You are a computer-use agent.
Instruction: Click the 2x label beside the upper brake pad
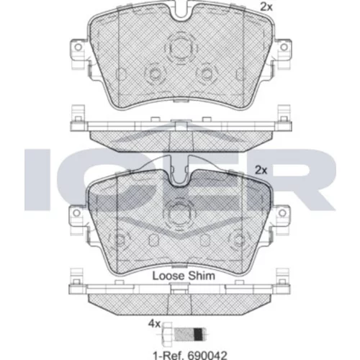(x=266, y=7)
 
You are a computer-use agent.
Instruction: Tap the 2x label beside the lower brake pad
(x=261, y=170)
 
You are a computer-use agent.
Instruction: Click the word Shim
(x=201, y=276)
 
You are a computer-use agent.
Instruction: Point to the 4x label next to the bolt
(x=154, y=324)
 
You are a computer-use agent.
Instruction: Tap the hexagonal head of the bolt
(x=167, y=334)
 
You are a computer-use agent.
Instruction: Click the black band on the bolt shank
(x=198, y=334)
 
